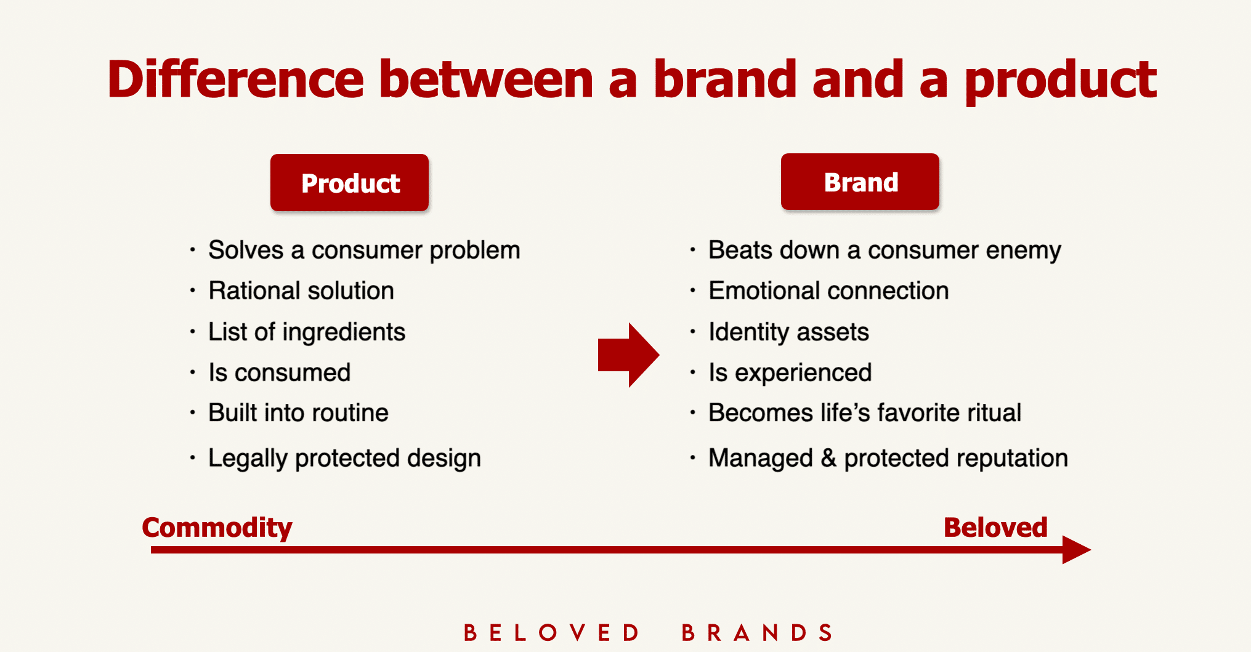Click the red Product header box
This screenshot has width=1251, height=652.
[349, 183]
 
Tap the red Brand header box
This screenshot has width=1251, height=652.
[860, 182]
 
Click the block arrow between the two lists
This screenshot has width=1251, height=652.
[628, 355]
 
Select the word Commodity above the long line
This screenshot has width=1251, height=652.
[217, 528]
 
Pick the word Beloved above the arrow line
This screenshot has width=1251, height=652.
[995, 527]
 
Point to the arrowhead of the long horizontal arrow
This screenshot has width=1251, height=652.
[1077, 550]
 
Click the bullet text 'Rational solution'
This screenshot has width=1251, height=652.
[301, 291]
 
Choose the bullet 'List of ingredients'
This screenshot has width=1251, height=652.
[307, 332]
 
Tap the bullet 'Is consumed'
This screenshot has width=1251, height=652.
[280, 372]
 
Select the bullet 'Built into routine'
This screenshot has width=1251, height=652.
[299, 413]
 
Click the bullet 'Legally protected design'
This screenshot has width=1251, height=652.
[345, 459]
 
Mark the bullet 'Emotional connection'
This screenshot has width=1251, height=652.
[828, 291]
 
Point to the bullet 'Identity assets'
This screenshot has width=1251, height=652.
[788, 332]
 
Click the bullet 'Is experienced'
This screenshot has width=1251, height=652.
[790, 373]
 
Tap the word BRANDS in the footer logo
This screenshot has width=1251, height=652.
[758, 632]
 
